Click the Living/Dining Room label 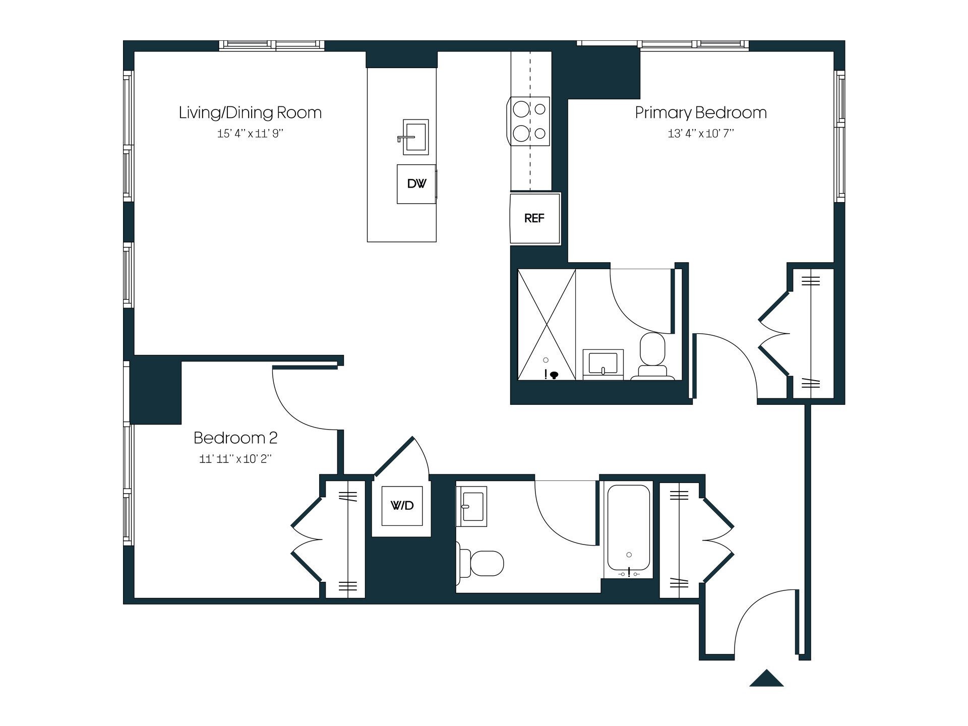click(x=250, y=112)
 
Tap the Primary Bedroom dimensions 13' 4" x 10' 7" click(x=701, y=134)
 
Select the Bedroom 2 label click(x=235, y=438)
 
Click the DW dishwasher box click(x=416, y=184)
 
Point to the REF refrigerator click(x=534, y=218)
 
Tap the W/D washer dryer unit click(x=402, y=506)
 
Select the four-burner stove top click(x=530, y=122)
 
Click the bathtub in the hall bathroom click(x=629, y=529)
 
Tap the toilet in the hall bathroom click(x=481, y=563)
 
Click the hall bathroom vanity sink click(x=472, y=506)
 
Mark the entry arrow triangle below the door click(x=766, y=679)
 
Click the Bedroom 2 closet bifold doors click(x=307, y=539)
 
